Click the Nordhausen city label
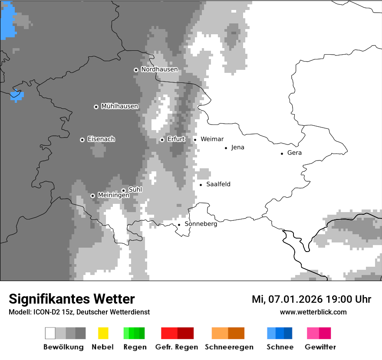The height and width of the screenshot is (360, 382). pyautogui.click(x=159, y=69)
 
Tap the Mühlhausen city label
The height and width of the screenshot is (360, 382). pyautogui.click(x=119, y=106)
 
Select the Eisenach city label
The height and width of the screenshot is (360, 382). pyautogui.click(x=101, y=139)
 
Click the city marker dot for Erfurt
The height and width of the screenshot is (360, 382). pyautogui.click(x=162, y=140)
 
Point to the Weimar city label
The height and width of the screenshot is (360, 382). pyautogui.click(x=212, y=139)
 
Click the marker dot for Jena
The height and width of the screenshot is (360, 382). pyautogui.click(x=226, y=148)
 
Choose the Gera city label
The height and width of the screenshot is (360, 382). pyautogui.click(x=294, y=153)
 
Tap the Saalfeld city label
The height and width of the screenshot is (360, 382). pyautogui.click(x=218, y=184)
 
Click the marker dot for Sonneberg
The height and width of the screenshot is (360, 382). pyautogui.click(x=179, y=225)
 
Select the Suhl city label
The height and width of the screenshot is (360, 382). pyautogui.click(x=135, y=190)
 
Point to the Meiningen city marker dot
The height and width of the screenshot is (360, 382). pyautogui.click(x=92, y=196)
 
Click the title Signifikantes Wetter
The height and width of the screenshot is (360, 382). pyautogui.click(x=72, y=299)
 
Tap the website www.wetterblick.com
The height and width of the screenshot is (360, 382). pyautogui.click(x=313, y=312)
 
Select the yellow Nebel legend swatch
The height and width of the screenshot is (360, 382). pyautogui.click(x=103, y=333)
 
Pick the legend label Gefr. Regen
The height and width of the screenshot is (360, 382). pyautogui.click(x=177, y=347)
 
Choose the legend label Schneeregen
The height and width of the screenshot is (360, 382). pyautogui.click(x=229, y=347)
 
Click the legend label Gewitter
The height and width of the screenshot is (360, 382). pyautogui.click(x=320, y=347)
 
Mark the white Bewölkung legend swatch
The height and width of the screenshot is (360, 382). pyautogui.click(x=50, y=333)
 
